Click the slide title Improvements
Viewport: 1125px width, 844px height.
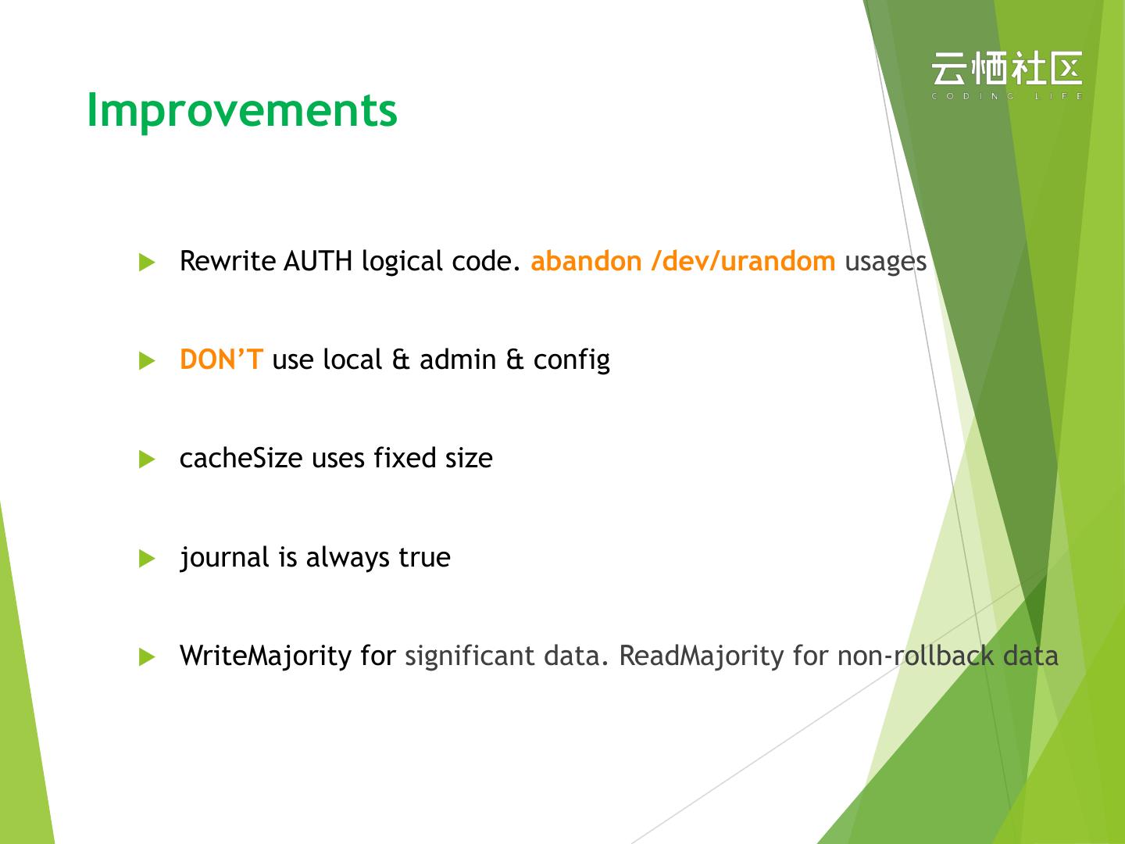[242, 112]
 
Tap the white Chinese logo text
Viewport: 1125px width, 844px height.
[1006, 68]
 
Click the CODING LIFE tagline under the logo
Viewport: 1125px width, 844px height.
[1006, 96]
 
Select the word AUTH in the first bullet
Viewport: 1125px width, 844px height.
[318, 261]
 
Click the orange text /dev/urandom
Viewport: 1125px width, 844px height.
[743, 261]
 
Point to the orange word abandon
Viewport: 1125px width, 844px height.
[587, 261]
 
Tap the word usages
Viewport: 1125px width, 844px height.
[886, 262]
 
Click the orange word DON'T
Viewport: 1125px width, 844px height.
[221, 359]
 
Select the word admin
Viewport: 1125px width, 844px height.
[458, 359]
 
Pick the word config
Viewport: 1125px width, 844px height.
[572, 361]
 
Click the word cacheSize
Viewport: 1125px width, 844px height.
[241, 458]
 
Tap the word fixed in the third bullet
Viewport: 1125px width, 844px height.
[405, 458]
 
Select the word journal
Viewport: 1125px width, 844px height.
[224, 557]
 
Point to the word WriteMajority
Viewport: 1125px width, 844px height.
[266, 656]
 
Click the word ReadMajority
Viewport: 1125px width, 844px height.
[702, 656]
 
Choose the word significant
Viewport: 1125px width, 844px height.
[470, 656]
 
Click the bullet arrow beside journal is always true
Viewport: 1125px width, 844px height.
[147, 558]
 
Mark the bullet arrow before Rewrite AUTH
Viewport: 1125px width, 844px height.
[147, 262]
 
